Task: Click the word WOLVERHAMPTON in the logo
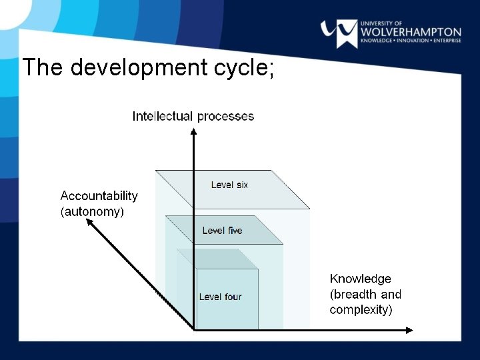tap(411, 32)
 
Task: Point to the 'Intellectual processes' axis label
tap(193, 116)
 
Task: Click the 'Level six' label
tap(229, 185)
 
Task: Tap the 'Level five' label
tap(222, 231)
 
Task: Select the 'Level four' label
tap(220, 297)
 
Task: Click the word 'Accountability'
tap(99, 196)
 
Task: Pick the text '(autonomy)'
tap(92, 212)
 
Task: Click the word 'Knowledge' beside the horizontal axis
tap(360, 279)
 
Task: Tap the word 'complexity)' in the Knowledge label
tap(361, 310)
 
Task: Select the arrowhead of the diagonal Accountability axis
tap(89, 224)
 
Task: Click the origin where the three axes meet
tap(193, 329)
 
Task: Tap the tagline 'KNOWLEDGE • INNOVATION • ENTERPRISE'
tap(411, 41)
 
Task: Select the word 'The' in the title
tap(43, 67)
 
